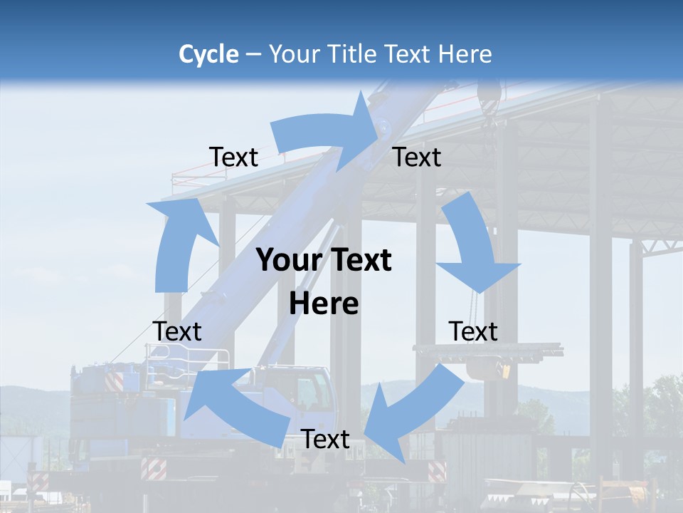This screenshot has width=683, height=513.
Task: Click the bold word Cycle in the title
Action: pos(208,54)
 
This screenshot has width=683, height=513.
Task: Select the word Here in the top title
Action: pos(465,54)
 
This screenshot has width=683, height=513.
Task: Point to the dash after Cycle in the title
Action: pos(253,55)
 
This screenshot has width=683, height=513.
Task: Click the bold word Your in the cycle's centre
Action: pos(288,261)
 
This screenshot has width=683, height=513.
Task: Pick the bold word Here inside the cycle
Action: pos(324,304)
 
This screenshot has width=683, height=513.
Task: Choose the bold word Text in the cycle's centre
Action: pos(359,261)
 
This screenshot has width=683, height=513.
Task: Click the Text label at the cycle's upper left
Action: pos(233,157)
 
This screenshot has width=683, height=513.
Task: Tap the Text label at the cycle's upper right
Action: pos(417,157)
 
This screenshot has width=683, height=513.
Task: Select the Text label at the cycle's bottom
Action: pos(325,440)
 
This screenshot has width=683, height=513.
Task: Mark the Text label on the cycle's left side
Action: pos(177,331)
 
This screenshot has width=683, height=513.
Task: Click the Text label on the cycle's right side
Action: pos(473,331)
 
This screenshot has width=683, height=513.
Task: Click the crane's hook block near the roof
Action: pos(490,96)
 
